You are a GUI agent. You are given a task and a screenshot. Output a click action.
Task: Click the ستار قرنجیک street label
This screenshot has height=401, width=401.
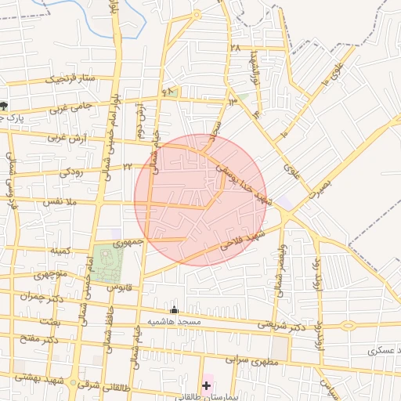click(69, 79)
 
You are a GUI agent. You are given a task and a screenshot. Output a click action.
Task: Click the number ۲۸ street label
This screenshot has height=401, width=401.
click(234, 49)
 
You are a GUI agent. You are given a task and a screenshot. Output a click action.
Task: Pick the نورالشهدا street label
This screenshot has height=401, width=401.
click(252, 70)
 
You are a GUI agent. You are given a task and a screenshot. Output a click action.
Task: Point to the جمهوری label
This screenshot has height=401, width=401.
click(129, 243)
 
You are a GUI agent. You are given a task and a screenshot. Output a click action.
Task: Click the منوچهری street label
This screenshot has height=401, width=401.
click(50, 274)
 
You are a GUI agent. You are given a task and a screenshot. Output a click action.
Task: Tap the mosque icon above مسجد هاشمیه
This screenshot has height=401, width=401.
click(174, 311)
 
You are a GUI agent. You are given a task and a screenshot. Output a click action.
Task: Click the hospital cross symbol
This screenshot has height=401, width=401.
click(207, 385)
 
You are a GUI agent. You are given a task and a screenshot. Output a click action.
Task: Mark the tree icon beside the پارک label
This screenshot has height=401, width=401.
click(4, 106)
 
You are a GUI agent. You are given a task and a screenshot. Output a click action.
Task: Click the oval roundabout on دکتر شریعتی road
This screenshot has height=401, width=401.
click(347, 325)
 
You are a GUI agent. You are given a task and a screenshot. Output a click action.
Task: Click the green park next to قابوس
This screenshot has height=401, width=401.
click(108, 264)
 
